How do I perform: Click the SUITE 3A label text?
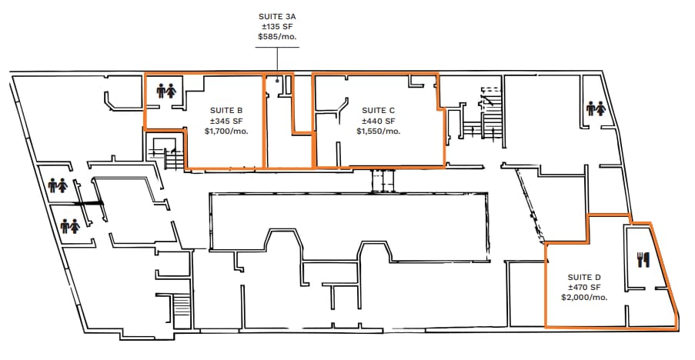[278, 16]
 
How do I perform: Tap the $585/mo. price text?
[278, 36]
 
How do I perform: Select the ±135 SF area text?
[278, 27]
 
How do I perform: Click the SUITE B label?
[226, 110]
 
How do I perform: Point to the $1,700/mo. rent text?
[226, 131]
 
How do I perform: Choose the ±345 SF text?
[226, 121]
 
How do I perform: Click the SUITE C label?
[378, 110]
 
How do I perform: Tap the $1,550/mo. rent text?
[378, 131]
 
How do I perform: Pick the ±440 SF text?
[378, 121]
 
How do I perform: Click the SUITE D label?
[584, 277]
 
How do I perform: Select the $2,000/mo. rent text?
[584, 298]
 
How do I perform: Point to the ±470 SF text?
[584, 288]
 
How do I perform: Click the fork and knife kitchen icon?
[643, 259]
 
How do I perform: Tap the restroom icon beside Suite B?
[166, 92]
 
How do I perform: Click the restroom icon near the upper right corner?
[596, 108]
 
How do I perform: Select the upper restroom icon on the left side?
[58, 185]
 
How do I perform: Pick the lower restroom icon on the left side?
[70, 226]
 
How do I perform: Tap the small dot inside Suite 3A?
[278, 80]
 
